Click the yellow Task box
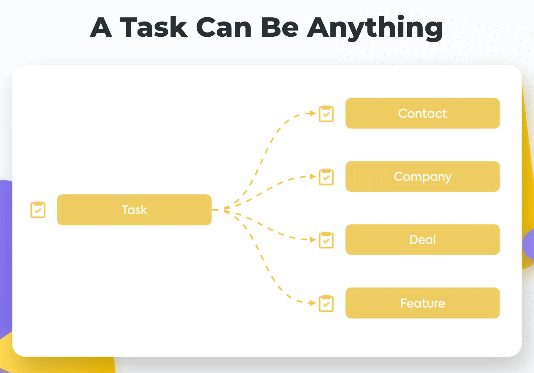coord(134,210)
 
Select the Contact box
coord(422,113)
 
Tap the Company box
coord(422,176)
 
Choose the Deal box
coord(422,239)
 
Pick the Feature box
coord(422,303)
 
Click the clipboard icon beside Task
coord(38,210)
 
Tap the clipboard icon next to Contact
coord(326,113)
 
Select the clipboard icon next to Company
coord(326,177)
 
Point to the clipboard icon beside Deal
coord(326,240)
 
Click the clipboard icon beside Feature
coord(326,303)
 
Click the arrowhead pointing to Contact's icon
coord(313,113)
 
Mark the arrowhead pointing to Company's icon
coord(313,176)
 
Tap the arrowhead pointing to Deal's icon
coord(313,240)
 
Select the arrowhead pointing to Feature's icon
coord(313,303)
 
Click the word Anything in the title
coord(375,28)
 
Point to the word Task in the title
coord(153,27)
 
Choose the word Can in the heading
coord(224,27)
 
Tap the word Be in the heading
coord(280,27)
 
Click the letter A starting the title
coord(101,27)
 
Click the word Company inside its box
coord(422,177)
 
